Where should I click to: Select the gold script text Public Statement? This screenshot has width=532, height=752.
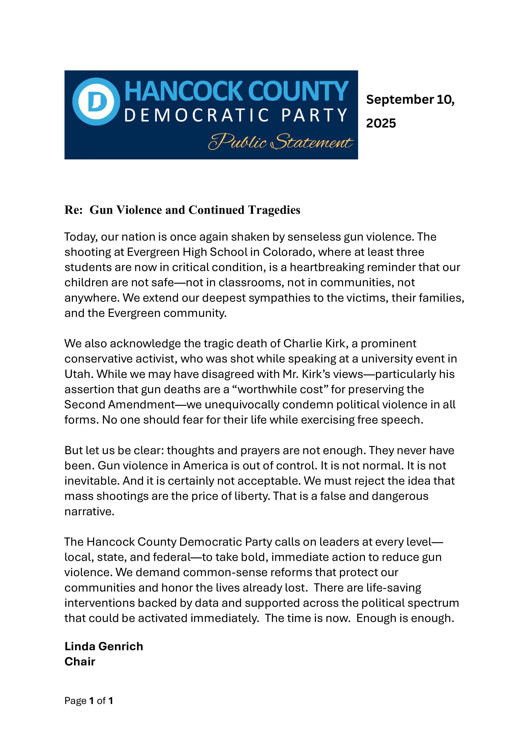(281, 142)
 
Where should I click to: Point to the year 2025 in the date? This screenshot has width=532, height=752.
(381, 123)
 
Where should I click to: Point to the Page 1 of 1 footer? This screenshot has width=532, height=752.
(89, 701)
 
